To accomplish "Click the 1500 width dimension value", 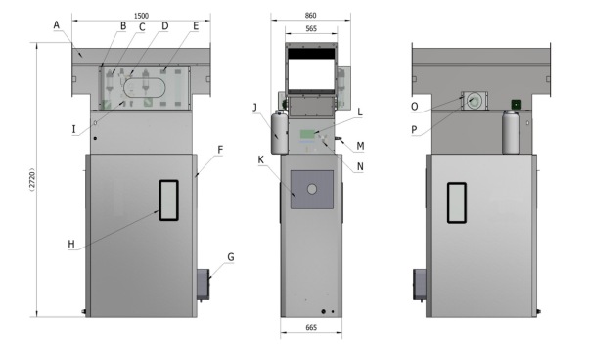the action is tap(141, 16).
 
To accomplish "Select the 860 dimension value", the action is tap(310, 15).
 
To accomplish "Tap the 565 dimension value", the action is tap(311, 28).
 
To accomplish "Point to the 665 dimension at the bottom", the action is tap(311, 327).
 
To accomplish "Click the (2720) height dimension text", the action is tap(32, 179).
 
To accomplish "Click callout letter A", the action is tap(57, 25).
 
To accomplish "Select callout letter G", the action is tap(231, 257).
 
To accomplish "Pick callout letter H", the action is tap(71, 245).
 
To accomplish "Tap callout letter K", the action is tap(261, 159).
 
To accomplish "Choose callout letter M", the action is tap(360, 146).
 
